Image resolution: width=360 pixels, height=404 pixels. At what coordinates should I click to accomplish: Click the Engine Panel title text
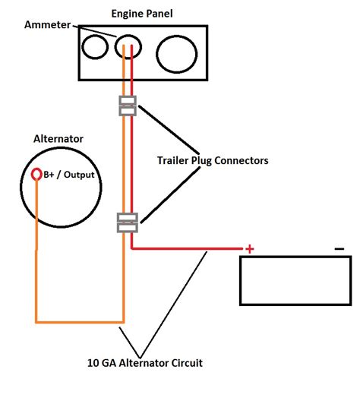pyautogui.click(x=143, y=14)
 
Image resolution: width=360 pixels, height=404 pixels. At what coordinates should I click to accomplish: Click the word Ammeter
pyautogui.click(x=48, y=25)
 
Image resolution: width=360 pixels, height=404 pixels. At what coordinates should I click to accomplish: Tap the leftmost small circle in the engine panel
pyautogui.click(x=96, y=48)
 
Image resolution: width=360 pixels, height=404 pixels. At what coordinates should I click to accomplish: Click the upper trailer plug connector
pyautogui.click(x=128, y=106)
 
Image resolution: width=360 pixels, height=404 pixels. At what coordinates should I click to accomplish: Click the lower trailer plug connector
pyautogui.click(x=127, y=223)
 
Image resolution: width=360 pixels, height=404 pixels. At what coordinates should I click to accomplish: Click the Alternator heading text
pyautogui.click(x=58, y=139)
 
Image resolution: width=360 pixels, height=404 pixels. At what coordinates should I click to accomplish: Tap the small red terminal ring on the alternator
pyautogui.click(x=36, y=175)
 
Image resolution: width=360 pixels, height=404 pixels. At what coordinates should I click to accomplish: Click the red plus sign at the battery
pyautogui.click(x=248, y=248)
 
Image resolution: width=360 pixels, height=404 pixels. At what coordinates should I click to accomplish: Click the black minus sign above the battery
pyautogui.click(x=339, y=248)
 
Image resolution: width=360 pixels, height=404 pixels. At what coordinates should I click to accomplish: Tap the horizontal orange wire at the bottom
pyautogui.click(x=80, y=321)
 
